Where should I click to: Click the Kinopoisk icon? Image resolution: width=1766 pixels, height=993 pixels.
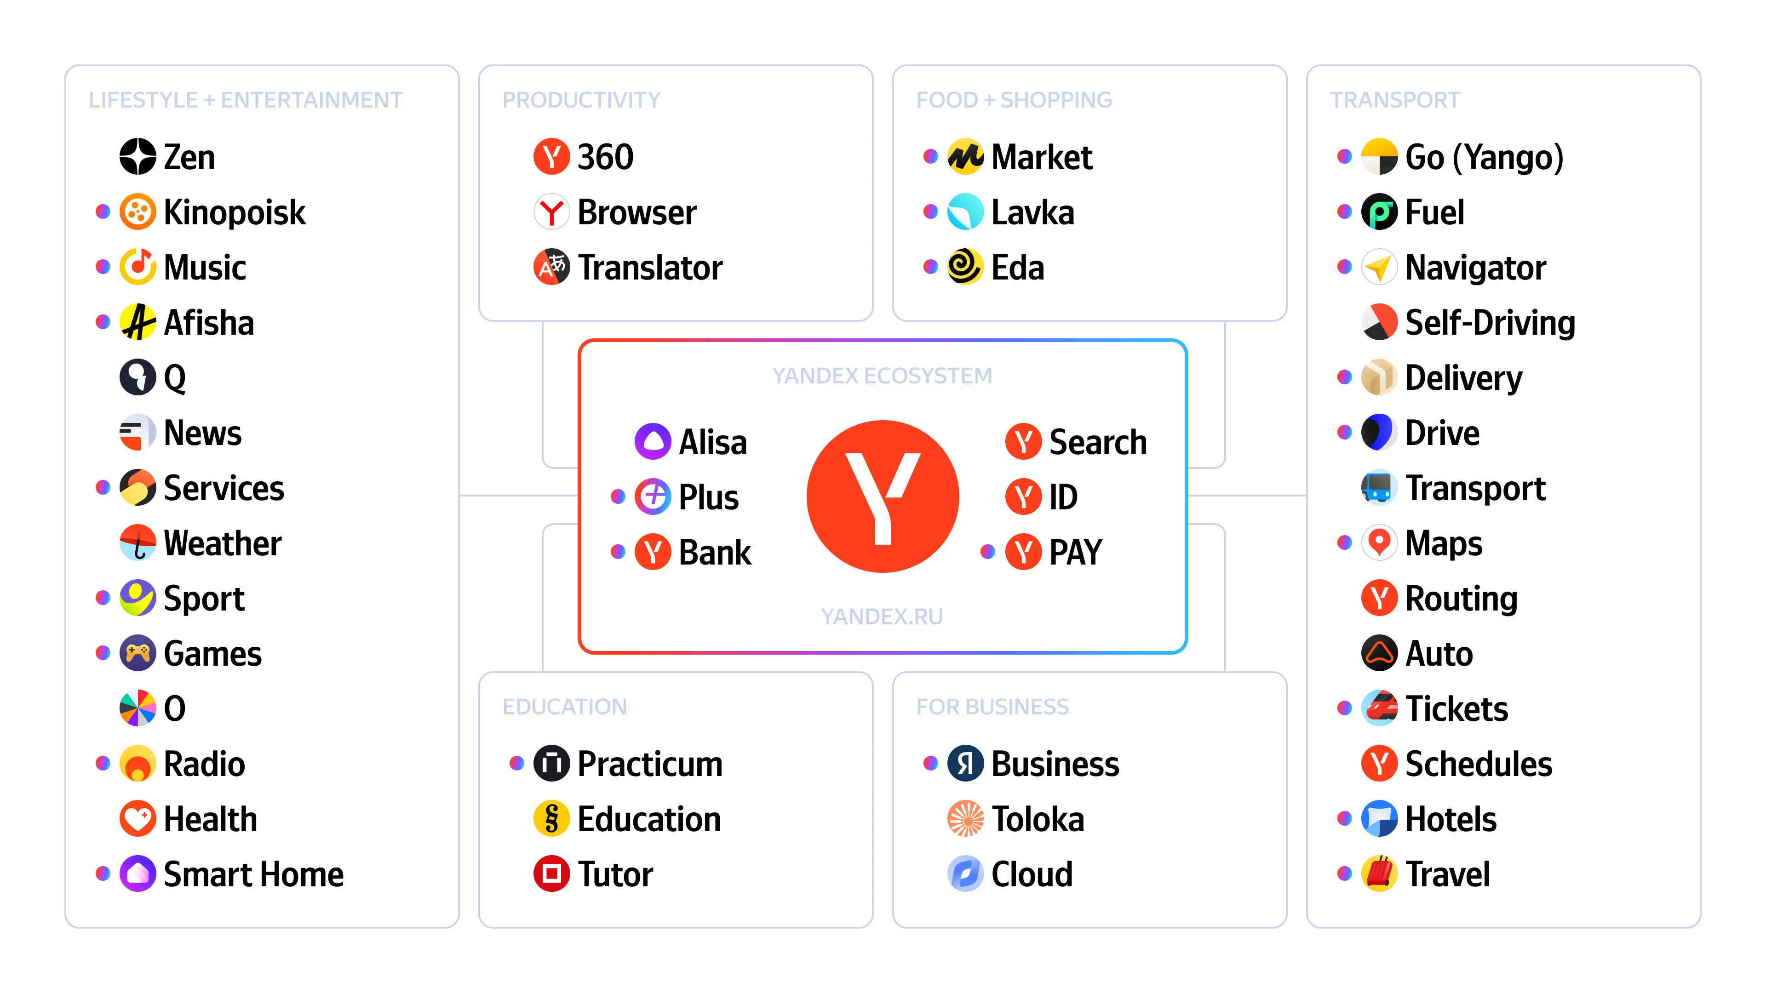tap(138, 212)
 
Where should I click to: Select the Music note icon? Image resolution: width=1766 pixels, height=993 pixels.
tap(138, 267)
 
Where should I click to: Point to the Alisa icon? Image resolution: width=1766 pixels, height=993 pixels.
tap(653, 441)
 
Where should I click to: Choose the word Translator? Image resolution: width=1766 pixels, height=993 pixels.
tap(650, 267)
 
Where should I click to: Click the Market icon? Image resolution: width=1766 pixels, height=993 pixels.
tap(965, 157)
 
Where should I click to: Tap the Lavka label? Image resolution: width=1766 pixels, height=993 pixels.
tap(1032, 212)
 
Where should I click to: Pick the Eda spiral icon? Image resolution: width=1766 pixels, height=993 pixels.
tap(965, 267)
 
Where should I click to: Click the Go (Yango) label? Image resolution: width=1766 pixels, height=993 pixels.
tap(1484, 158)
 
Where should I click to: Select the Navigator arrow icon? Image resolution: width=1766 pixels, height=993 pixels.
tap(1379, 267)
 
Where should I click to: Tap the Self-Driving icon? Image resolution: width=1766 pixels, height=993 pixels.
tap(1379, 322)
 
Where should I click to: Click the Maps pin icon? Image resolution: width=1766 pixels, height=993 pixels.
tap(1379, 543)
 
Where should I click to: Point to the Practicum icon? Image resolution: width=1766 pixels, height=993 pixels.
tap(552, 764)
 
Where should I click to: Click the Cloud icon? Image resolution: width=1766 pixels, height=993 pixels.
tap(965, 874)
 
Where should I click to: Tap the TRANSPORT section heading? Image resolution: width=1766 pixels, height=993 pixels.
tap(1395, 100)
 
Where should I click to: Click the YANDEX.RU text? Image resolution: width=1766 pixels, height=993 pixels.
tap(883, 617)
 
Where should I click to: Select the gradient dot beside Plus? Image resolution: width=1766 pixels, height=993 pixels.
tap(618, 496)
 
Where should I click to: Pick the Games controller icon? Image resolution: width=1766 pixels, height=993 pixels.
tap(138, 653)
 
